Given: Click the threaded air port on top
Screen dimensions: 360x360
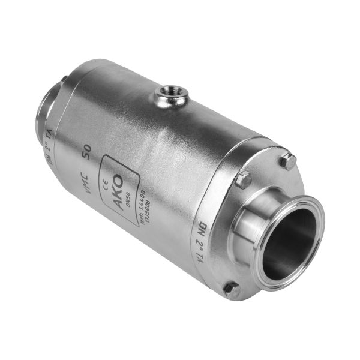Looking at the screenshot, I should pos(171,94).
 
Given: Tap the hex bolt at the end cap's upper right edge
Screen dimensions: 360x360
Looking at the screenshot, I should pos(289,161).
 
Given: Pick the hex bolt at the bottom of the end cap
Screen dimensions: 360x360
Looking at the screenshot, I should pos(232,290).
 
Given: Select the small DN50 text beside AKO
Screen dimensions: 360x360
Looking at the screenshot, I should pos(129,193).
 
